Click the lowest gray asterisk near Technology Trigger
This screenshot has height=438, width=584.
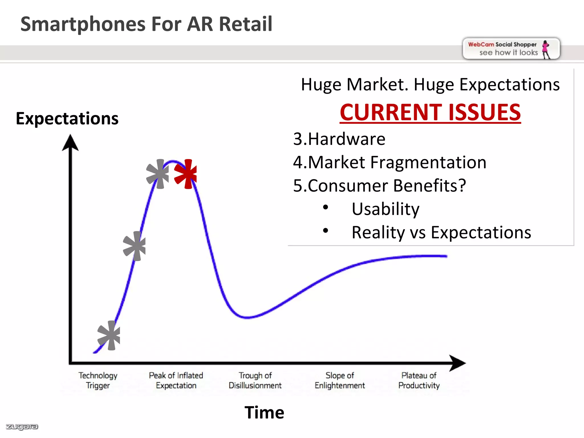(109, 335)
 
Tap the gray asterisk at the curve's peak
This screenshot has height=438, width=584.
(158, 174)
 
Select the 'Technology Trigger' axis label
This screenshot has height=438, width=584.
(98, 380)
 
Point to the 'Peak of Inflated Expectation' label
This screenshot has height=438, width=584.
(176, 380)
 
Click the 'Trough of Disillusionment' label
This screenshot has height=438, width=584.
(255, 380)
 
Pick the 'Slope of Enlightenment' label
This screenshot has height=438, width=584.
(340, 380)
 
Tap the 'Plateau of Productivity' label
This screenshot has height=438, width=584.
(419, 380)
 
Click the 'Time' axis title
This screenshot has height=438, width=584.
(264, 412)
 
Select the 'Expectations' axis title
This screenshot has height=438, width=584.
(67, 118)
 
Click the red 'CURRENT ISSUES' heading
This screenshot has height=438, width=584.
(430, 112)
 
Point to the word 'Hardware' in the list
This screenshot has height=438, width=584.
(346, 139)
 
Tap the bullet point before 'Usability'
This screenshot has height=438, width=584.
(325, 207)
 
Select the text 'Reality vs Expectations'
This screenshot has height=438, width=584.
(441, 232)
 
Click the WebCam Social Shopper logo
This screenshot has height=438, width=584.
(511, 48)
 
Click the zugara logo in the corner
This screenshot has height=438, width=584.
(22, 427)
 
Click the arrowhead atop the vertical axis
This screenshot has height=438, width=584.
(70, 143)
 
